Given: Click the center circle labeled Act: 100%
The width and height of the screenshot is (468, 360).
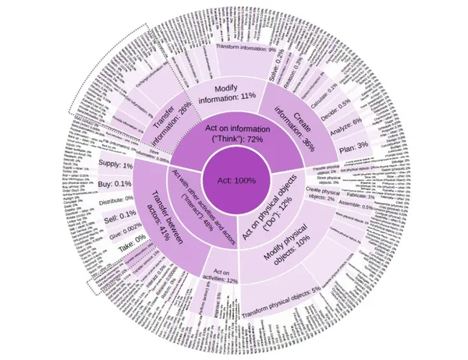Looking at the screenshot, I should click(234, 180).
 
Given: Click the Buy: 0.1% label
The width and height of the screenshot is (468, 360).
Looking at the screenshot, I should click(115, 184).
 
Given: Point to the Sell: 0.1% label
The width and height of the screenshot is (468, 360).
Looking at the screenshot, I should click(117, 218).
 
